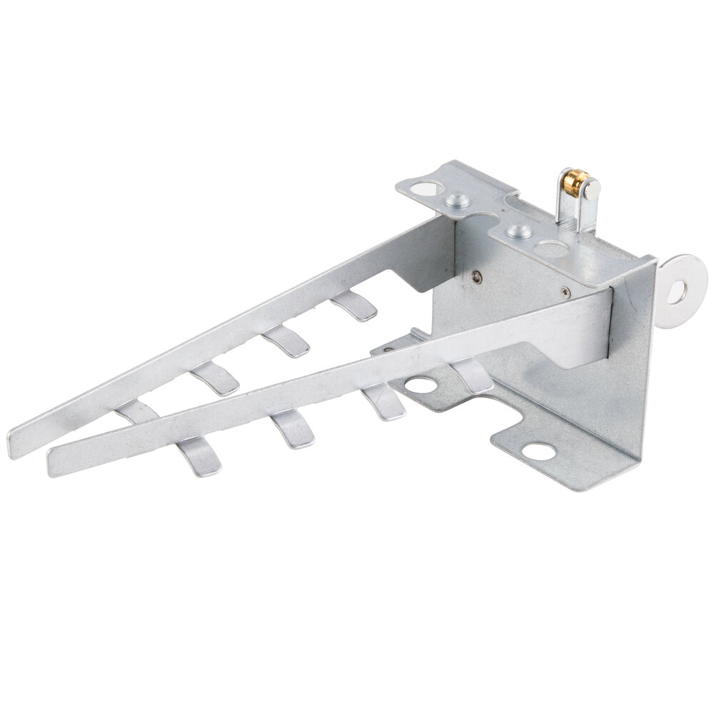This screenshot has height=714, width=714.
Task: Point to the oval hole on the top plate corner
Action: (x=426, y=189)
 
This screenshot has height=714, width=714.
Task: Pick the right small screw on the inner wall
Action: (x=565, y=290)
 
